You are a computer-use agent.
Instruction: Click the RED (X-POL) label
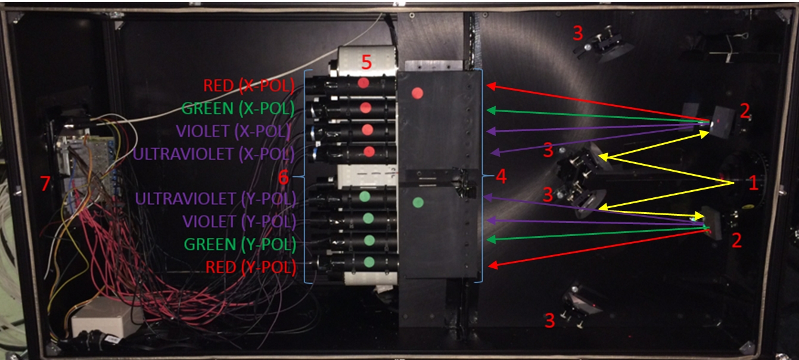click(x=249, y=86)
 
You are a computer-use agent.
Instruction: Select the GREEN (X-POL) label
click(x=238, y=108)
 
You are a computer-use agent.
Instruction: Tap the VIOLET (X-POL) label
click(x=234, y=131)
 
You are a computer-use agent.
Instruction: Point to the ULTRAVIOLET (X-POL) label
click(x=214, y=154)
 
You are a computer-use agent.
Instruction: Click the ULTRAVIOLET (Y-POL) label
click(x=216, y=198)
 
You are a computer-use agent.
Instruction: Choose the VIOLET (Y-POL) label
click(x=240, y=222)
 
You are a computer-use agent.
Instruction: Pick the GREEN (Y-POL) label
click(x=240, y=244)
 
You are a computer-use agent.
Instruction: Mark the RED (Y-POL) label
click(x=251, y=267)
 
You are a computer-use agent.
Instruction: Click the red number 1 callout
click(x=753, y=182)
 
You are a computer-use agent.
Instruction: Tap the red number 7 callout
click(x=45, y=184)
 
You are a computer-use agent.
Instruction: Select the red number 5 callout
click(x=366, y=62)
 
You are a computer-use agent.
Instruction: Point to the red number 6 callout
click(x=283, y=177)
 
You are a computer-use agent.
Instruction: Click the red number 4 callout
click(x=501, y=176)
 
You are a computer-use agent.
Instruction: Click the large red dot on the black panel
click(x=417, y=93)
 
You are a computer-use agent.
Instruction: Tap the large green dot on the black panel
click(x=418, y=203)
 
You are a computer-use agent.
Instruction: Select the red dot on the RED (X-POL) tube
click(x=363, y=83)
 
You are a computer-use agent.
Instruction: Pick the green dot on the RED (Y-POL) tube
click(x=369, y=262)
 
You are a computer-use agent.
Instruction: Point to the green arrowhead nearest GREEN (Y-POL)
click(x=491, y=240)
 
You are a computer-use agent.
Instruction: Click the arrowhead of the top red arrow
click(x=492, y=86)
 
